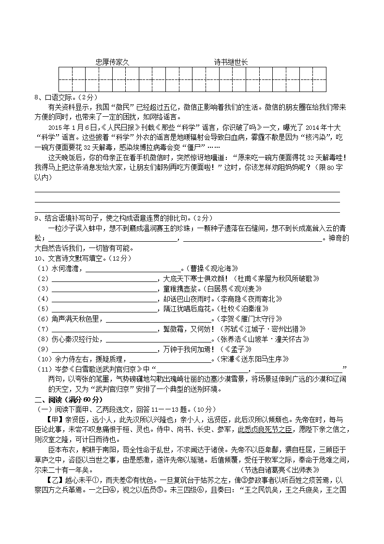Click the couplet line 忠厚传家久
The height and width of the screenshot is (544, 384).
[x=113, y=62]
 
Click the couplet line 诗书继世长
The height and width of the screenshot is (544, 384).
[x=231, y=62]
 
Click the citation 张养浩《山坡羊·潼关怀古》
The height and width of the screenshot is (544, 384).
[x=265, y=339]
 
